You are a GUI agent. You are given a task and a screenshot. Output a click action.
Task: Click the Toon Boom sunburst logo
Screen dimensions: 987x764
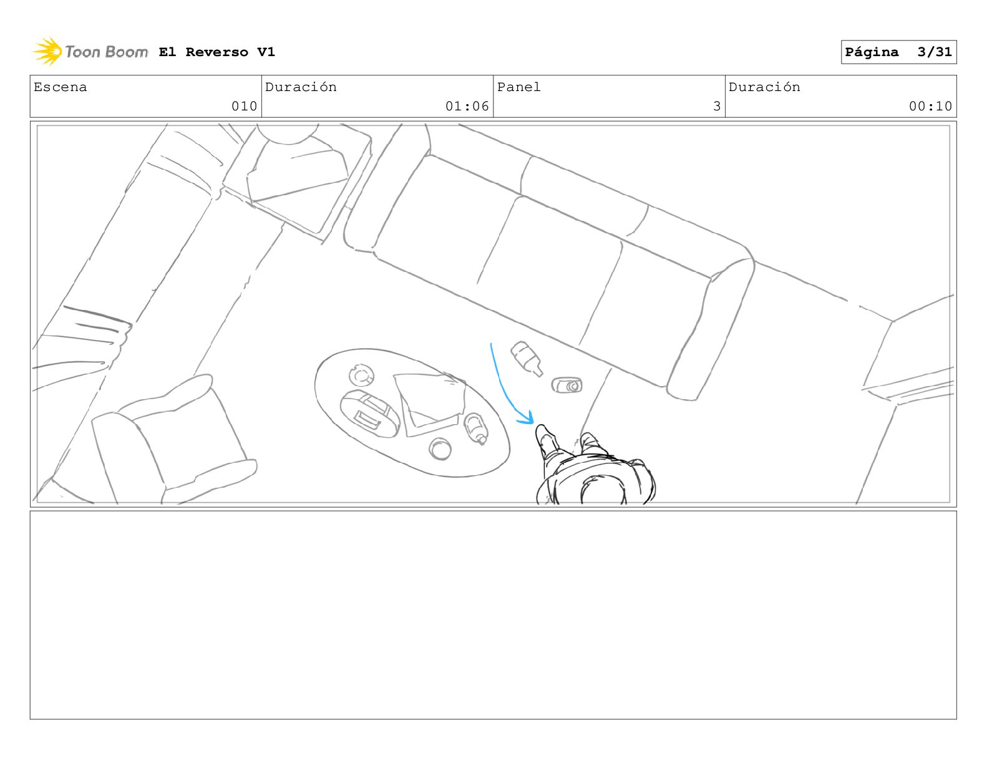point(47,51)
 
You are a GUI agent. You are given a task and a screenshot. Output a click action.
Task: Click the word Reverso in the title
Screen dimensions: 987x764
point(216,52)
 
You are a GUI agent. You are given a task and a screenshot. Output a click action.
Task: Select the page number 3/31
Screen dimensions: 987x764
point(935,52)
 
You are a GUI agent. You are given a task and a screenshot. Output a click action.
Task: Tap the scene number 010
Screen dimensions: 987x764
point(244,106)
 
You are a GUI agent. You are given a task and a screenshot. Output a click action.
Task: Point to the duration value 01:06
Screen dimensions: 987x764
point(467,106)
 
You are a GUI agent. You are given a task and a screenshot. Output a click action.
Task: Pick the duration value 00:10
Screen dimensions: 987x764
point(930,106)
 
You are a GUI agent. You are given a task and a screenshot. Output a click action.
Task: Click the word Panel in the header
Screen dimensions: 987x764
point(518,87)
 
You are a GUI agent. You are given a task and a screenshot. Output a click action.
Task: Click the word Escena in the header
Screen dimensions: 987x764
point(60,87)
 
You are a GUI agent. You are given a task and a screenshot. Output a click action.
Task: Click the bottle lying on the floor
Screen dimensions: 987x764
point(527,358)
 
